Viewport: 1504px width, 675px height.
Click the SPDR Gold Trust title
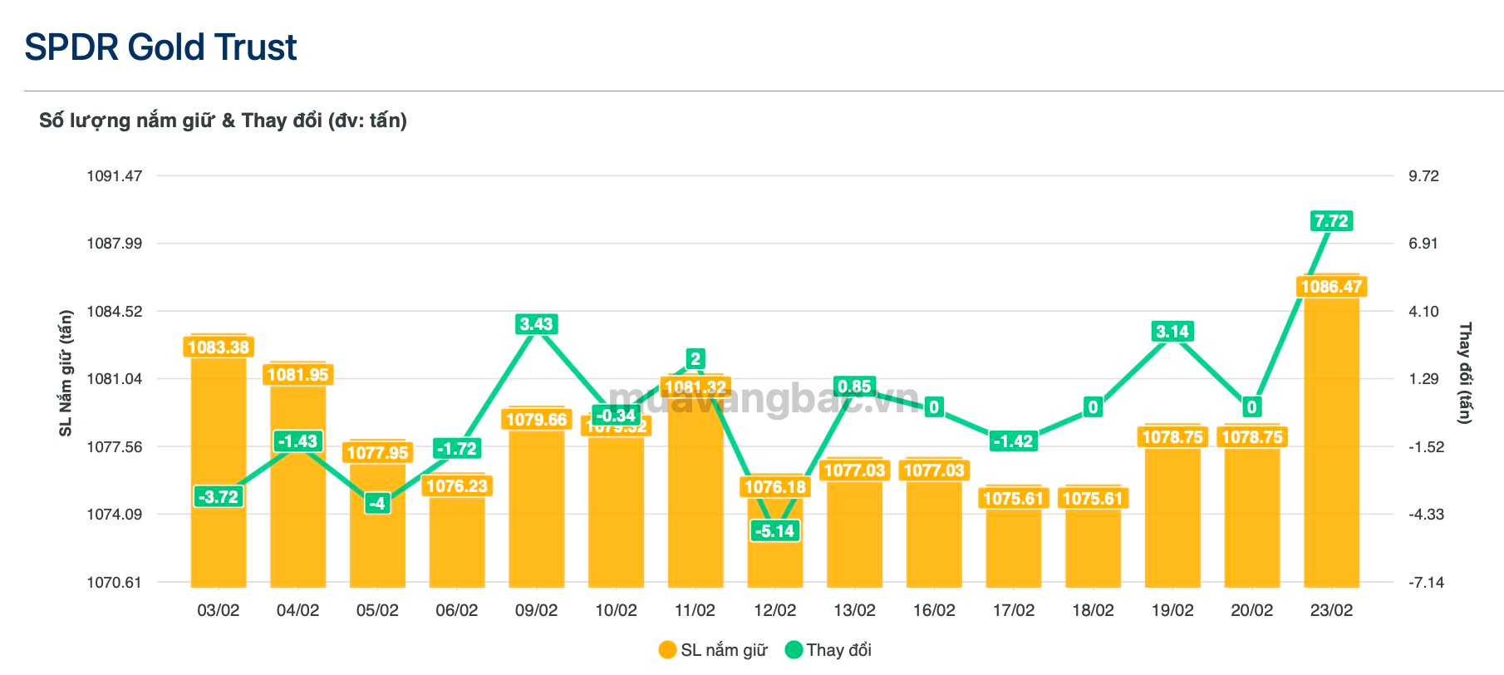point(160,47)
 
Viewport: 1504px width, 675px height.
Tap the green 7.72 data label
point(1331,221)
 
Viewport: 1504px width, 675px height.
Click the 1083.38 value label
point(219,347)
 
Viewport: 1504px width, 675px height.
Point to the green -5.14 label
point(774,531)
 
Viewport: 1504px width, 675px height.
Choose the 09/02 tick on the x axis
point(536,610)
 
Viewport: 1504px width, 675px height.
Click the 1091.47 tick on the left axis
point(115,176)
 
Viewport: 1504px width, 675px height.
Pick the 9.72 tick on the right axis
point(1423,176)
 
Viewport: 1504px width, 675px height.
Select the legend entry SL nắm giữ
point(713,650)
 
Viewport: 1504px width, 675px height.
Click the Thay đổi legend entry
point(828,650)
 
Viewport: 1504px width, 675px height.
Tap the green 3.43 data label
point(536,324)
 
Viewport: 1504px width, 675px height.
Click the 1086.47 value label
point(1331,288)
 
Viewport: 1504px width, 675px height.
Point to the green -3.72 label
point(219,497)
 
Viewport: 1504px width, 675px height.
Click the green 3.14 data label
point(1172,332)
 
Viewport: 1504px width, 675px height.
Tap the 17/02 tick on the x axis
point(1013,610)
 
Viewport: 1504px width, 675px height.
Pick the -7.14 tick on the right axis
point(1426,583)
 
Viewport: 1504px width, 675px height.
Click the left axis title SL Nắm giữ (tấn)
point(66,373)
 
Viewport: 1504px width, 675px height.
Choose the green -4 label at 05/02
point(377,503)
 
